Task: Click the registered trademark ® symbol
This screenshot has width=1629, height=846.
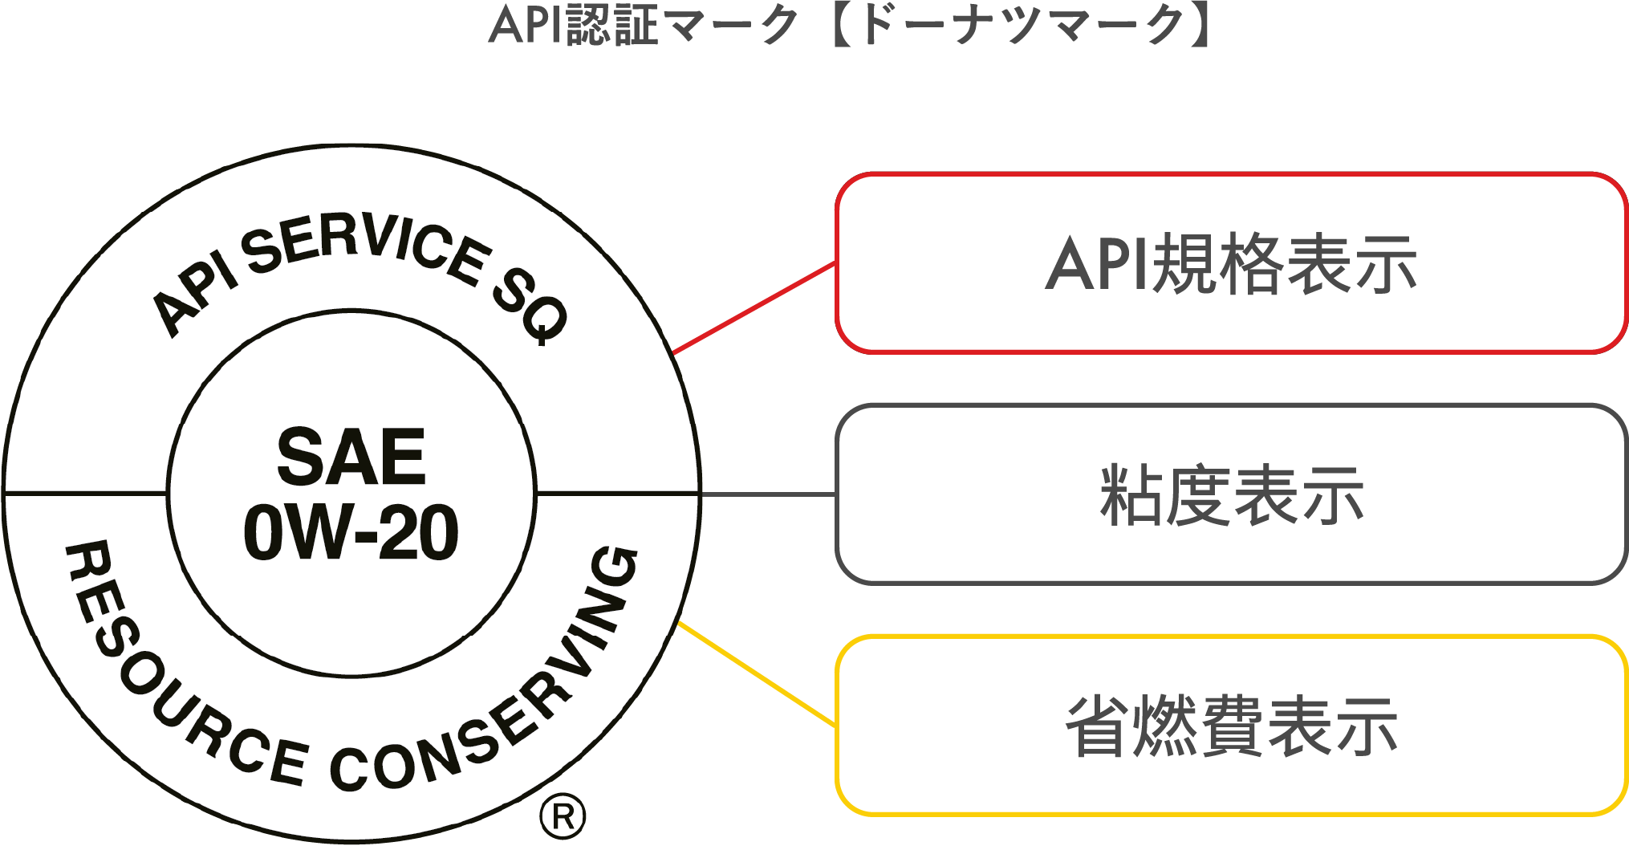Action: [x=563, y=817]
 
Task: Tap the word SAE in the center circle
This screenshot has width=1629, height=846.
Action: [x=351, y=458]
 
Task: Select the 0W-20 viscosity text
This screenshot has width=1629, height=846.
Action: [x=351, y=532]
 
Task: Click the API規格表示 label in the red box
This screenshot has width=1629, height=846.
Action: [x=1231, y=263]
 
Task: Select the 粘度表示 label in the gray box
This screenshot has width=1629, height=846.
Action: [x=1231, y=494]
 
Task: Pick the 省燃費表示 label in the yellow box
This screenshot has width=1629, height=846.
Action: [x=1231, y=726]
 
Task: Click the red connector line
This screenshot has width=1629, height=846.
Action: [x=754, y=307]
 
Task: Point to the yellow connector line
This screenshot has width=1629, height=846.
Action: [x=758, y=674]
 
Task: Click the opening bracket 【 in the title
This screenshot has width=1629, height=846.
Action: [x=843, y=26]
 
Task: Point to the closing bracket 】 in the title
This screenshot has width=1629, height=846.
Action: [x=1200, y=26]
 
